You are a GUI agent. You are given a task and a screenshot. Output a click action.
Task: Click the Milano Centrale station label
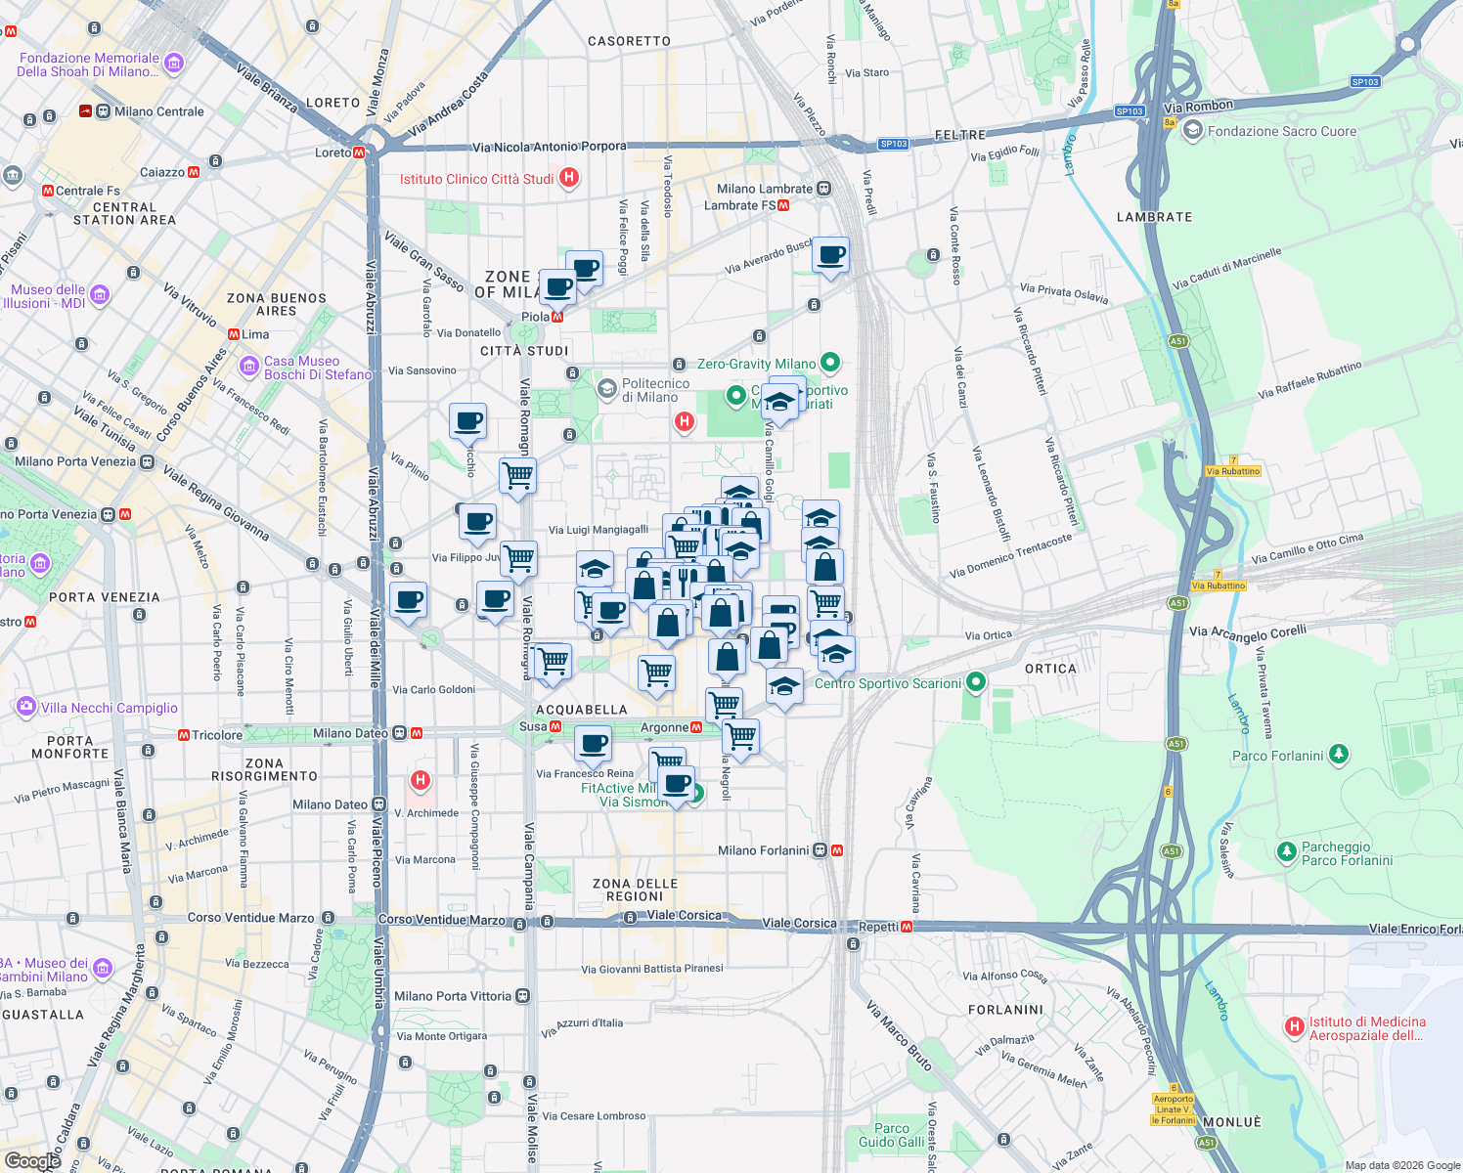[x=158, y=111]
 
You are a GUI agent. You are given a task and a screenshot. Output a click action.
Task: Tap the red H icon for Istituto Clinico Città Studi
[x=569, y=178]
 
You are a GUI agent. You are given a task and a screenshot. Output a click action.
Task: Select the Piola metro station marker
[x=557, y=317]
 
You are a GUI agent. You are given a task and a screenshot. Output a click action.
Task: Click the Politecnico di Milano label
[x=655, y=390]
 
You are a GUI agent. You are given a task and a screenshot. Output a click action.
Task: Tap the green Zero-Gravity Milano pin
[x=830, y=364]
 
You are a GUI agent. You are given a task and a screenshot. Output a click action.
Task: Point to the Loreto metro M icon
[x=360, y=152]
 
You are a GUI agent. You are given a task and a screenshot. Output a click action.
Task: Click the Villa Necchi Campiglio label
[x=109, y=708]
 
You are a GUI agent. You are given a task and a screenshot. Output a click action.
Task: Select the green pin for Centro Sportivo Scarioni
[x=975, y=682]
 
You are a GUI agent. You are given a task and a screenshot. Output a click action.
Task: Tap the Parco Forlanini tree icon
[x=1339, y=755]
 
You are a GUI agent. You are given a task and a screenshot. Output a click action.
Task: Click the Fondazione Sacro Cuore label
[x=1281, y=131]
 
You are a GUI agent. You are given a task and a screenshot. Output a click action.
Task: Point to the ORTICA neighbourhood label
[x=1050, y=669]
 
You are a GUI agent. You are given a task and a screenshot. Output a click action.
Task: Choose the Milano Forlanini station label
[x=763, y=850]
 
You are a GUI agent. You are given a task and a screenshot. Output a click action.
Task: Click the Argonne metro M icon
[x=696, y=727]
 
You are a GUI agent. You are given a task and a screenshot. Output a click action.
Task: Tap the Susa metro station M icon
[x=555, y=726]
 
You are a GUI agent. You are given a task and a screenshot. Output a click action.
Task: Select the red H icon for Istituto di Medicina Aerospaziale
[x=1294, y=1026]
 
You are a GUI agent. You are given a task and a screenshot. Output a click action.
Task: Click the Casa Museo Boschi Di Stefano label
[x=317, y=368]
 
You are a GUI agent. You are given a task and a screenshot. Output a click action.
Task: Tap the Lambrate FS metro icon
[x=783, y=205]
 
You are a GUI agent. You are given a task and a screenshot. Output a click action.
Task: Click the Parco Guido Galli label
[x=891, y=1135]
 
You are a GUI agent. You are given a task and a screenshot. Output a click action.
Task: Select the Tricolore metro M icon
[x=183, y=735]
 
